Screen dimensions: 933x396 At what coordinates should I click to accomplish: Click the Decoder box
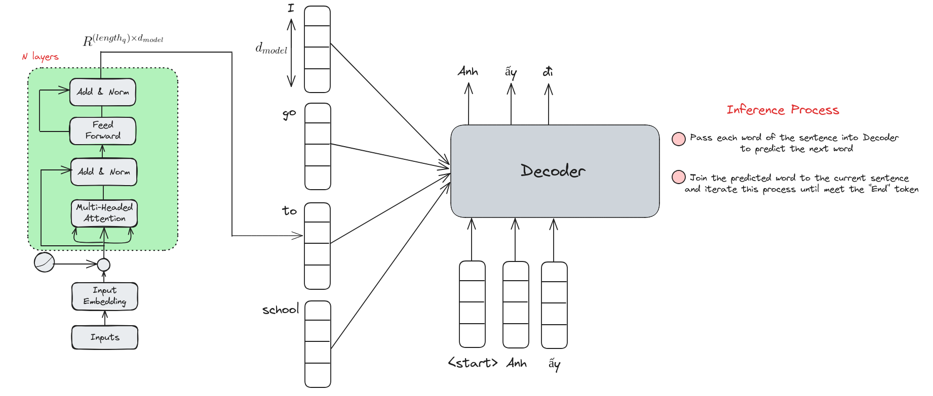point(555,171)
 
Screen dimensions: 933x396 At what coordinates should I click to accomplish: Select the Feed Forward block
point(103,131)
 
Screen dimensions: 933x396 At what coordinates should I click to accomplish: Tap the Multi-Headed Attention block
point(104,213)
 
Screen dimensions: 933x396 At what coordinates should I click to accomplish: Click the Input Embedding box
point(105,296)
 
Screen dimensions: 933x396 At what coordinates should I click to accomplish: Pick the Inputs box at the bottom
point(105,337)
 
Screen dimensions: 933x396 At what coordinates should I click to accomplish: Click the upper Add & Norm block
point(103,92)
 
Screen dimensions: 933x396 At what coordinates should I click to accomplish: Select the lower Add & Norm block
point(104,172)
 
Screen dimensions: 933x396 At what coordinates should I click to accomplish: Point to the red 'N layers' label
point(41,57)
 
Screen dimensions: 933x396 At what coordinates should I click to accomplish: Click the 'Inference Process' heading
point(783,110)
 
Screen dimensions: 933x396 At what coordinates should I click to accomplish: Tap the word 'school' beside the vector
point(281,309)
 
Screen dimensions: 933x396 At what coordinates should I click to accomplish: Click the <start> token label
point(473,363)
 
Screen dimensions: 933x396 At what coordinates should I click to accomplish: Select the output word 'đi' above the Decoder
point(548,71)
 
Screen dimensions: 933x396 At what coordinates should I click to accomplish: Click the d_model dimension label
point(271,49)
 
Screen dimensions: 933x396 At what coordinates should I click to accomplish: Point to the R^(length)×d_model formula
point(123,40)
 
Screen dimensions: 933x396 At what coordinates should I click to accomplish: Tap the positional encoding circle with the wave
point(45,262)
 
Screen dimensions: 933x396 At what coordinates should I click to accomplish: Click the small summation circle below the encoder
point(103,265)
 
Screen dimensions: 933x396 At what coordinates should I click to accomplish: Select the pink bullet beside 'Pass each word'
point(679,139)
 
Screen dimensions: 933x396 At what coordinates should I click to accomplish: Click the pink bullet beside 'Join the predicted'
point(679,178)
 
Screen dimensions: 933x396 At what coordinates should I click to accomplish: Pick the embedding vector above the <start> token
point(472,304)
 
